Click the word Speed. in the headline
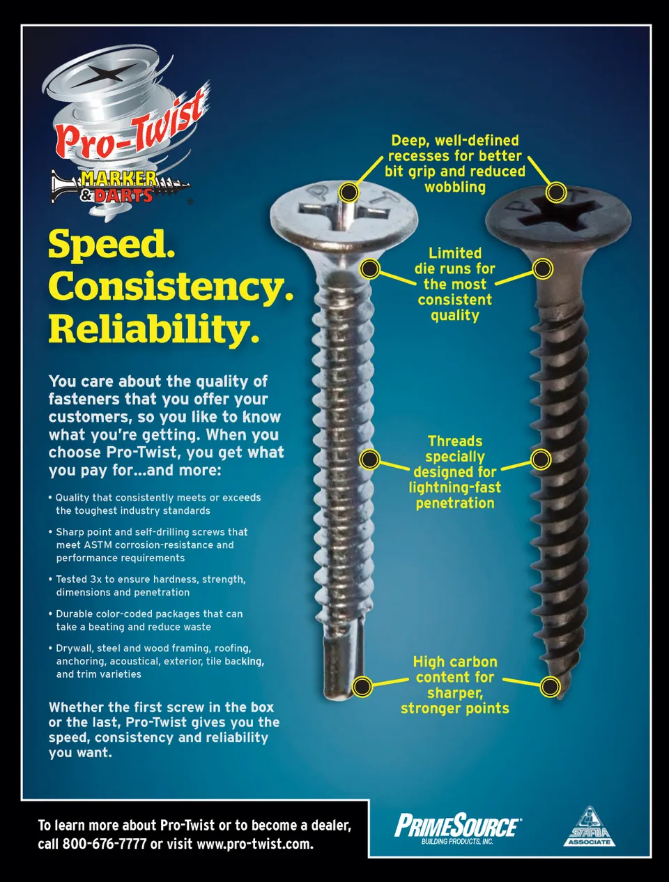tap(111, 245)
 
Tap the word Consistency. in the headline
tap(171, 286)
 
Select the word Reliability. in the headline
tap(153, 328)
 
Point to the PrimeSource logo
tap(458, 828)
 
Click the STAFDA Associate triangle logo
tap(589, 826)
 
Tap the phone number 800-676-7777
tap(105, 844)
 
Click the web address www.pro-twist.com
tap(254, 844)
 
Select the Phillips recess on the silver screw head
tap(344, 213)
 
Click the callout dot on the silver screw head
tap(348, 192)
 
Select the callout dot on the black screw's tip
tap(550, 686)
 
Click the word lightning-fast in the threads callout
tap(455, 487)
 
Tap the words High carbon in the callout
tap(455, 662)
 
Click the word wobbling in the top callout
tap(455, 187)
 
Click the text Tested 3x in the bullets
tap(79, 579)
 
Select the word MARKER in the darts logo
tap(118, 178)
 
